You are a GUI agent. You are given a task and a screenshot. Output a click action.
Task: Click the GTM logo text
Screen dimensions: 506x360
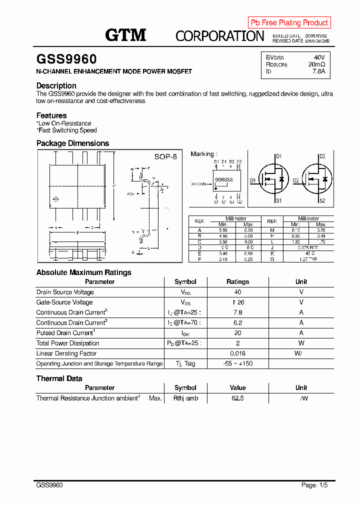pyautogui.click(x=125, y=34)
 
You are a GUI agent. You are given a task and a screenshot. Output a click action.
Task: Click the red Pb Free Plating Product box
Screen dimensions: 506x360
pyautogui.click(x=289, y=22)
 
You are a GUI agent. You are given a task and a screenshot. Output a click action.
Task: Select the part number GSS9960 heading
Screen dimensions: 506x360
pyautogui.click(x=66, y=59)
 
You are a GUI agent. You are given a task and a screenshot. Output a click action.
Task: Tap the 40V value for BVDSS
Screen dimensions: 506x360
pyautogui.click(x=318, y=57)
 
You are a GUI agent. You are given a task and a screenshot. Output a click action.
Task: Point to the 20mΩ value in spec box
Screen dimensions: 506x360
pyautogui.click(x=316, y=64)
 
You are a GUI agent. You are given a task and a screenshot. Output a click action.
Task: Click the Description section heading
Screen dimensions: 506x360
pyautogui.click(x=56, y=85)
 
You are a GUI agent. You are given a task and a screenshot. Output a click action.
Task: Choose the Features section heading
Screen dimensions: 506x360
pyautogui.click(x=51, y=115)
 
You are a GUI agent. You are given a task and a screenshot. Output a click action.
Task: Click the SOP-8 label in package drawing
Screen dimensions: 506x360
pyautogui.click(x=165, y=156)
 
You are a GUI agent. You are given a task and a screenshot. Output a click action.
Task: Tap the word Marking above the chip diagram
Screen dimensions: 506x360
pyautogui.click(x=202, y=154)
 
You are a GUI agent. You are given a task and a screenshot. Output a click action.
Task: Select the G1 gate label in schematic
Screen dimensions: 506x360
pyautogui.click(x=253, y=180)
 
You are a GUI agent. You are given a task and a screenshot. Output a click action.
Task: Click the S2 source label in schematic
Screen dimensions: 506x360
pyautogui.click(x=322, y=201)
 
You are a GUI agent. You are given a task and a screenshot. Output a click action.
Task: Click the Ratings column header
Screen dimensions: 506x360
pyautogui.click(x=237, y=281)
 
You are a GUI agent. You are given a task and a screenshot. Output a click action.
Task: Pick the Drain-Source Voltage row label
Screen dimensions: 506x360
pyautogui.click(x=65, y=292)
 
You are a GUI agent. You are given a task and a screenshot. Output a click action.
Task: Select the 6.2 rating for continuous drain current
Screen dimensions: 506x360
pyautogui.click(x=237, y=323)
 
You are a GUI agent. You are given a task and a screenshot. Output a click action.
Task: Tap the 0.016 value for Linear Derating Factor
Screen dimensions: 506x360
pyautogui.click(x=237, y=353)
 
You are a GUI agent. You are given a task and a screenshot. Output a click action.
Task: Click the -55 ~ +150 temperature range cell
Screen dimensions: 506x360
pyautogui.click(x=237, y=363)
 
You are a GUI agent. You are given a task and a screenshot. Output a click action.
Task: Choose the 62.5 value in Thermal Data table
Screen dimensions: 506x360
pyautogui.click(x=237, y=398)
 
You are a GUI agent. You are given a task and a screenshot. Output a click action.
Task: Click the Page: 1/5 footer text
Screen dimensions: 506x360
pyautogui.click(x=314, y=485)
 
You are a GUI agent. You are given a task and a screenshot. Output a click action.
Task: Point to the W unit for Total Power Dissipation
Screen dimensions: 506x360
pyautogui.click(x=301, y=343)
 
